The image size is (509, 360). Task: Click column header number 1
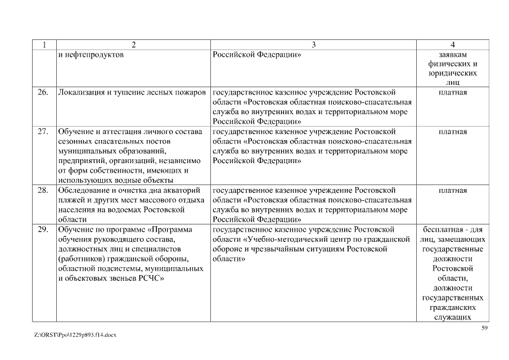pyautogui.click(x=44, y=44)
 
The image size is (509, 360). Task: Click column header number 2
pyautogui.click(x=133, y=44)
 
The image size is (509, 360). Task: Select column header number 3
pyautogui.click(x=313, y=44)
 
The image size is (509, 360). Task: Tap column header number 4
pyautogui.click(x=452, y=44)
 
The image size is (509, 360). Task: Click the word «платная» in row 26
pyautogui.click(x=452, y=92)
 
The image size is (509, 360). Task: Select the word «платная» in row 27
pyautogui.click(x=452, y=132)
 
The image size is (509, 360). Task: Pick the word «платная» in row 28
pyautogui.click(x=452, y=190)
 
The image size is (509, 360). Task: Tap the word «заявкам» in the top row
pyautogui.click(x=453, y=55)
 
